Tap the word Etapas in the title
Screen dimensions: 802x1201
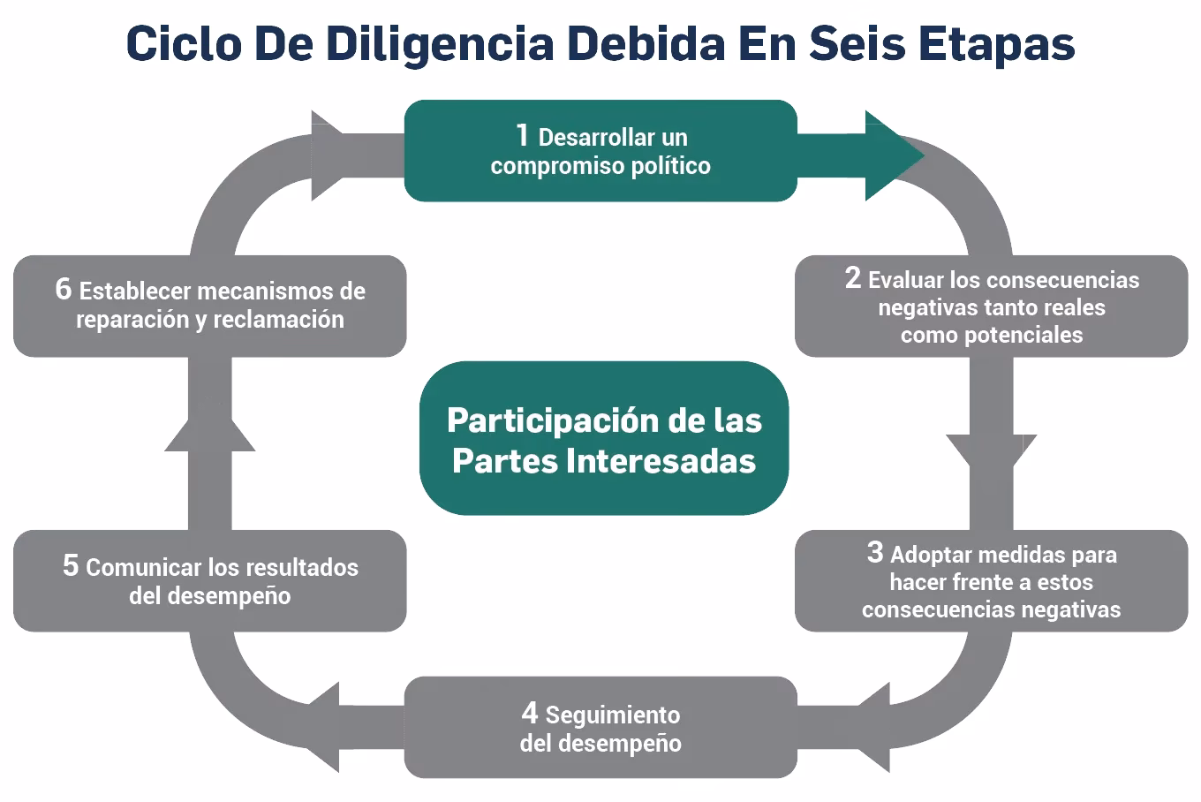click(x=997, y=43)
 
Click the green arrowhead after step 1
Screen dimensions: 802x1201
click(x=892, y=155)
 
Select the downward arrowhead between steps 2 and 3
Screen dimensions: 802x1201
click(x=991, y=451)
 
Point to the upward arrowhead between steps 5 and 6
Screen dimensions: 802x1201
click(x=210, y=434)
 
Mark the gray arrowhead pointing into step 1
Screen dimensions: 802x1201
click(x=328, y=155)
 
